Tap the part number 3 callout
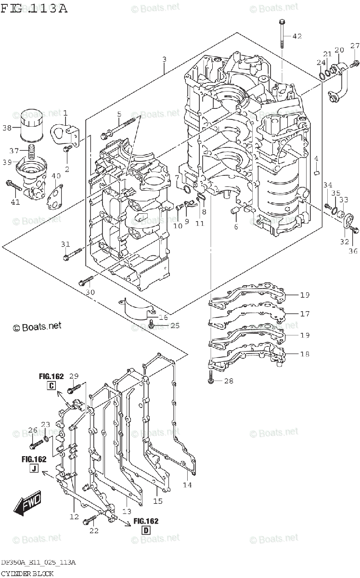point(164,60)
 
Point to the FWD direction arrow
point(28,503)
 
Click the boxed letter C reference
point(51,385)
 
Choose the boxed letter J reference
point(33,468)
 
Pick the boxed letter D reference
point(146,530)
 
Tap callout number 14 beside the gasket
point(187,485)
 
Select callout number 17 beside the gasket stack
point(304,314)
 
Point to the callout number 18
point(304,354)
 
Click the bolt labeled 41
point(13,184)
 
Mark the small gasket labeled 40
point(55,197)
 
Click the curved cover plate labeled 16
point(136,309)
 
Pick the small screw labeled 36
point(354,231)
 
